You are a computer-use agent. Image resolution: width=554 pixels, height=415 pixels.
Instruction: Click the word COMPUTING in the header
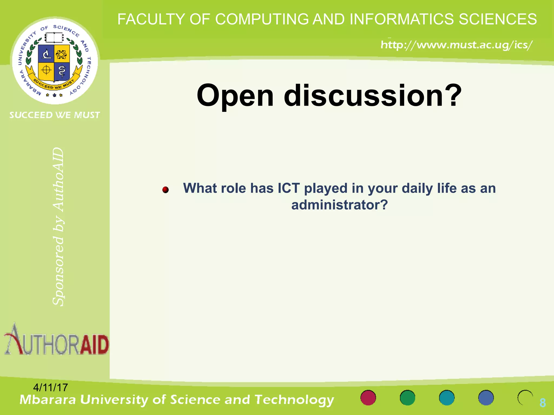point(262,19)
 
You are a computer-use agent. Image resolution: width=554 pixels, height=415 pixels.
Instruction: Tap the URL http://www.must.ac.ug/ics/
point(457,45)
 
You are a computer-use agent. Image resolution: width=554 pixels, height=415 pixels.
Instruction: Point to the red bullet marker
point(166,190)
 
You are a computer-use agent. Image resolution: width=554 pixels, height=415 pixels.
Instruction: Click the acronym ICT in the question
point(289,188)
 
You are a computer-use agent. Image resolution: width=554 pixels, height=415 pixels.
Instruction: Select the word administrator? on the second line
point(339,205)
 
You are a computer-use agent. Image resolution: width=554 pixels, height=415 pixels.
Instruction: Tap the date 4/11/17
point(50,387)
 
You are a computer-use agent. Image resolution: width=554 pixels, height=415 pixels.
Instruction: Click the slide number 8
point(542,403)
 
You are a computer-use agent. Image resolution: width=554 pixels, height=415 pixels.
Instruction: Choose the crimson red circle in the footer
point(368,398)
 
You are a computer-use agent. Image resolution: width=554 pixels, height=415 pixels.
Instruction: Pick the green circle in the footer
point(407,398)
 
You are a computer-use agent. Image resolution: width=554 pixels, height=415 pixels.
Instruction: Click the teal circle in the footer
point(447,398)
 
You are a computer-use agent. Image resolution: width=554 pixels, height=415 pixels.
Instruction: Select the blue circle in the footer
point(486,398)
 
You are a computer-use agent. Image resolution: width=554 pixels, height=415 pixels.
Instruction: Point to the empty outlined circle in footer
point(525,398)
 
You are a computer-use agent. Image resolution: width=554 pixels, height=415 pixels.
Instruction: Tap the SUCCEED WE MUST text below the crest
point(55,115)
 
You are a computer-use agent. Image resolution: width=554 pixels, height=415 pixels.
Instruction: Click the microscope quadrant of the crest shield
point(47,53)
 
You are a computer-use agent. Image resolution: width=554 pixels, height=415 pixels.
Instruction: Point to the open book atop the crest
point(54,38)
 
